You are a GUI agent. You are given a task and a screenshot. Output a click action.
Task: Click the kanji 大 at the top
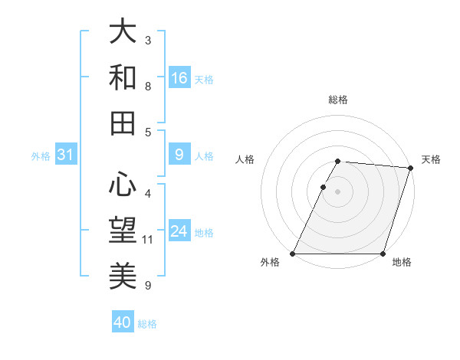click(x=123, y=31)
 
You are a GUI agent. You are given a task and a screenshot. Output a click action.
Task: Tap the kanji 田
click(x=123, y=123)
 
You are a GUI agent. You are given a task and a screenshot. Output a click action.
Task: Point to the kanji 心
click(x=123, y=184)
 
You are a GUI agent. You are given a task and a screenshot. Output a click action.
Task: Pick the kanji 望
click(x=123, y=230)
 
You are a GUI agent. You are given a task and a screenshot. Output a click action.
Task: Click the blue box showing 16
click(x=179, y=78)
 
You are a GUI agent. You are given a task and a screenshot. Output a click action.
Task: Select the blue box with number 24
click(x=179, y=232)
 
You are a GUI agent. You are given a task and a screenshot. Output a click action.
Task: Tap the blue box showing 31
click(x=66, y=155)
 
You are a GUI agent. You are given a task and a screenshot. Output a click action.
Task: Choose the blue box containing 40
click(x=123, y=323)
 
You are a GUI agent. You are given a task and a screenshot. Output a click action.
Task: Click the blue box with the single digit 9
click(x=179, y=155)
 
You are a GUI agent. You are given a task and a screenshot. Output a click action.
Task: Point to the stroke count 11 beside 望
click(x=149, y=240)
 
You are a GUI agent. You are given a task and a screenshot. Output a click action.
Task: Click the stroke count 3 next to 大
click(x=148, y=40)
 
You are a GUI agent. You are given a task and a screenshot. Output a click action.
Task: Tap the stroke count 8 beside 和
click(x=148, y=86)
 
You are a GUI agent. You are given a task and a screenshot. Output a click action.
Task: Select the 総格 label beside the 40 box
click(x=147, y=324)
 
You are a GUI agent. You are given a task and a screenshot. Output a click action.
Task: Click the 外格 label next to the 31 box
click(x=41, y=156)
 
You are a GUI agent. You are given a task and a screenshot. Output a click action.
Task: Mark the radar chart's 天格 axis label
click(x=431, y=159)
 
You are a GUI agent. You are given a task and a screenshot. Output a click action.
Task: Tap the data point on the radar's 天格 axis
click(x=410, y=169)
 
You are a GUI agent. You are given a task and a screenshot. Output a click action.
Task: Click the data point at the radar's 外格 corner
click(x=293, y=254)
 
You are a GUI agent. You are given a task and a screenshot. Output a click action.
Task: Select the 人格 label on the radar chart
click(x=245, y=159)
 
